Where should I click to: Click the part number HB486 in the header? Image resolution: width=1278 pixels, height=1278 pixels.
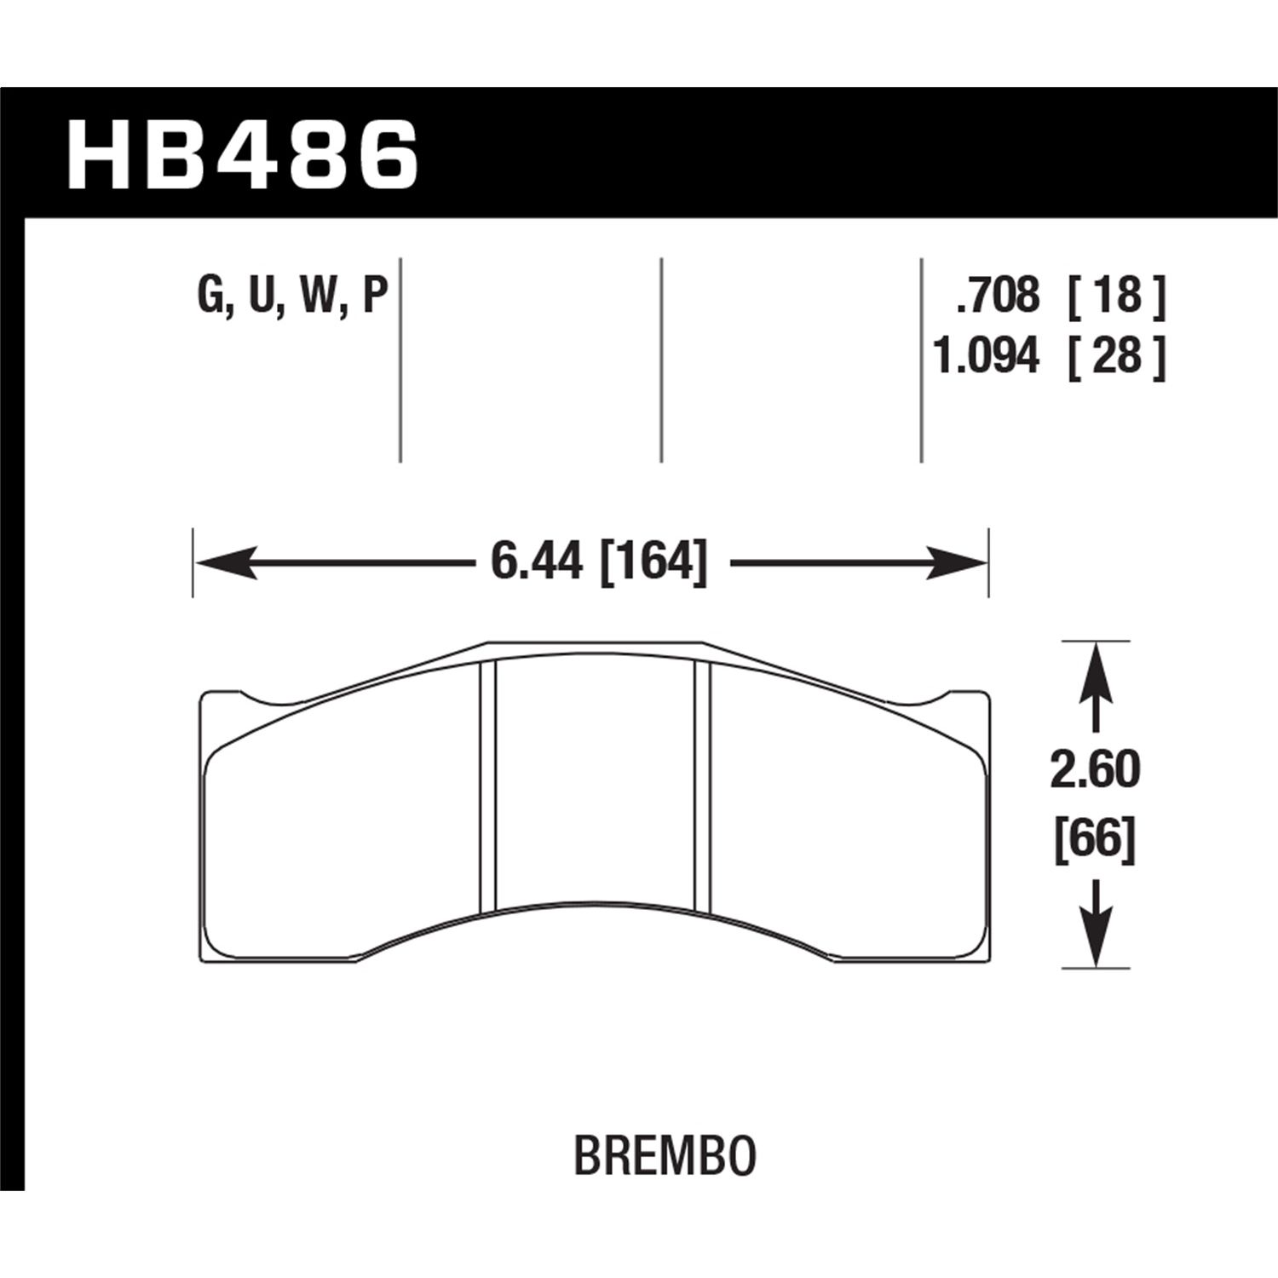pyautogui.click(x=243, y=155)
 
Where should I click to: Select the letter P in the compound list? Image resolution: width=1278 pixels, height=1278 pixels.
pyautogui.click(x=375, y=297)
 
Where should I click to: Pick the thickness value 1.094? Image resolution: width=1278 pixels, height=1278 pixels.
pyautogui.click(x=987, y=356)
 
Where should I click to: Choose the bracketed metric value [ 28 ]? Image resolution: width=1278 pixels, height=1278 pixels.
pyautogui.click(x=1115, y=356)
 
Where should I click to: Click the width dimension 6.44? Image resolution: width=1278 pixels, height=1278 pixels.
pyautogui.click(x=536, y=563)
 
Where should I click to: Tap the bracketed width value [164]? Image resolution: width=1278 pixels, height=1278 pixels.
pyautogui.click(x=654, y=563)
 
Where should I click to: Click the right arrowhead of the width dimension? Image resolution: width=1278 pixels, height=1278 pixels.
pyautogui.click(x=958, y=563)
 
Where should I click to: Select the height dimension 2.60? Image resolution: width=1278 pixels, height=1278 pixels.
pyautogui.click(x=1096, y=771)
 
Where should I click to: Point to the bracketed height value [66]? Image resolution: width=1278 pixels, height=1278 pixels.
pyautogui.click(x=1096, y=841)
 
